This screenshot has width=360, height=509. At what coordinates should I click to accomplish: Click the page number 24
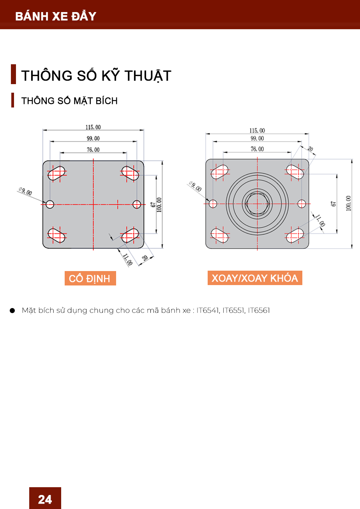[x=45, y=499]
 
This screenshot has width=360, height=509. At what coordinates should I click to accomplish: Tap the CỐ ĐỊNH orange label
[x=90, y=278]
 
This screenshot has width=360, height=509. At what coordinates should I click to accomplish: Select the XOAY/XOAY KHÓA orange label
[x=255, y=278]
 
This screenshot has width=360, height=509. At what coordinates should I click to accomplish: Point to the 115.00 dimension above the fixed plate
[x=93, y=127]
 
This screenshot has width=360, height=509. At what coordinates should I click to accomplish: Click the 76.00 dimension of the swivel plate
[x=257, y=149]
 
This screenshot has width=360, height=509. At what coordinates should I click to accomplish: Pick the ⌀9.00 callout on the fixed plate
[x=25, y=191]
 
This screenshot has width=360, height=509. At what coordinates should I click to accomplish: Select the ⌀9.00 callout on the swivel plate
[x=195, y=186]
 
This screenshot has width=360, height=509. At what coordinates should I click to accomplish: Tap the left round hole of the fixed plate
[x=50, y=204]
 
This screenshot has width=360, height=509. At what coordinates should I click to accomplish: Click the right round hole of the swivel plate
[x=302, y=204]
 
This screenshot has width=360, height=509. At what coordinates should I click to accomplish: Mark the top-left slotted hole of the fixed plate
[x=56, y=173]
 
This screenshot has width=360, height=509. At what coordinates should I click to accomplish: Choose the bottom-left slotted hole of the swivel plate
[x=220, y=235]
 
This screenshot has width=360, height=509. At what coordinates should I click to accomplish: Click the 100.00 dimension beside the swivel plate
[x=349, y=203]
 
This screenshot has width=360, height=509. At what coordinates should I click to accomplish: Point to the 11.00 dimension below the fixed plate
[x=127, y=259]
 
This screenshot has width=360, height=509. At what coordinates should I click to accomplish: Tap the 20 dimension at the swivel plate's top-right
[x=310, y=149]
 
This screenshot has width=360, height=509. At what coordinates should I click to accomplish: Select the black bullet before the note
[x=12, y=310]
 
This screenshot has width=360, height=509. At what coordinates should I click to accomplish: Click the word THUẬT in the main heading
[x=148, y=76]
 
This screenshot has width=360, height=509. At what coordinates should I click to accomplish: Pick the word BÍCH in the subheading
[x=107, y=101]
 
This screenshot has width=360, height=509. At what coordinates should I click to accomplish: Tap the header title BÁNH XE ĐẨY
[x=56, y=16]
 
